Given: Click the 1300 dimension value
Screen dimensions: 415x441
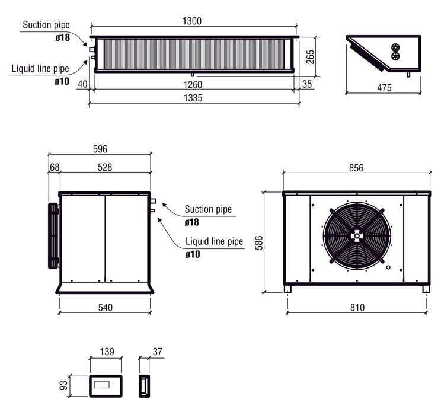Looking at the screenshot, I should tap(193, 21).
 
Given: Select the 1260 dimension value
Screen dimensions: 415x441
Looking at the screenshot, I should tap(193, 85).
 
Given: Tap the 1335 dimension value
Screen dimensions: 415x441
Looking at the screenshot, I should tap(193, 98).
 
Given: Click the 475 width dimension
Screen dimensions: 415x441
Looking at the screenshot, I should tap(384, 88).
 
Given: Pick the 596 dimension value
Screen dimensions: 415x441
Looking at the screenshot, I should tap(100, 149).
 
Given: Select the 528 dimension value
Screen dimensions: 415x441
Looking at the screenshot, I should tap(105, 168).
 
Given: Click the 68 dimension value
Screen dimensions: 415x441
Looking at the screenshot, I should tap(54, 168).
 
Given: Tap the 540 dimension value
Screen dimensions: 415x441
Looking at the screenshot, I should tap(105, 307).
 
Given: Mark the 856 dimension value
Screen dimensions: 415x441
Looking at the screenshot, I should tap(356, 168).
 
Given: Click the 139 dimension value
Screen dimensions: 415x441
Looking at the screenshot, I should tap(106, 352).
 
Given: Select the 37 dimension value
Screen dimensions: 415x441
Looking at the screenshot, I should tap(157, 352).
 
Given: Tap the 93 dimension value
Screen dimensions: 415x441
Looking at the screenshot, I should tap(63, 386).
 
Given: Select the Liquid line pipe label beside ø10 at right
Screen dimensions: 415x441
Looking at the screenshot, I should tap(214, 242).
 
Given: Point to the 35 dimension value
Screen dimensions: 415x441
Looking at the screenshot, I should tap(306, 85).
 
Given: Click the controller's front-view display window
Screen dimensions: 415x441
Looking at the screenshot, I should tap(106, 386).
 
